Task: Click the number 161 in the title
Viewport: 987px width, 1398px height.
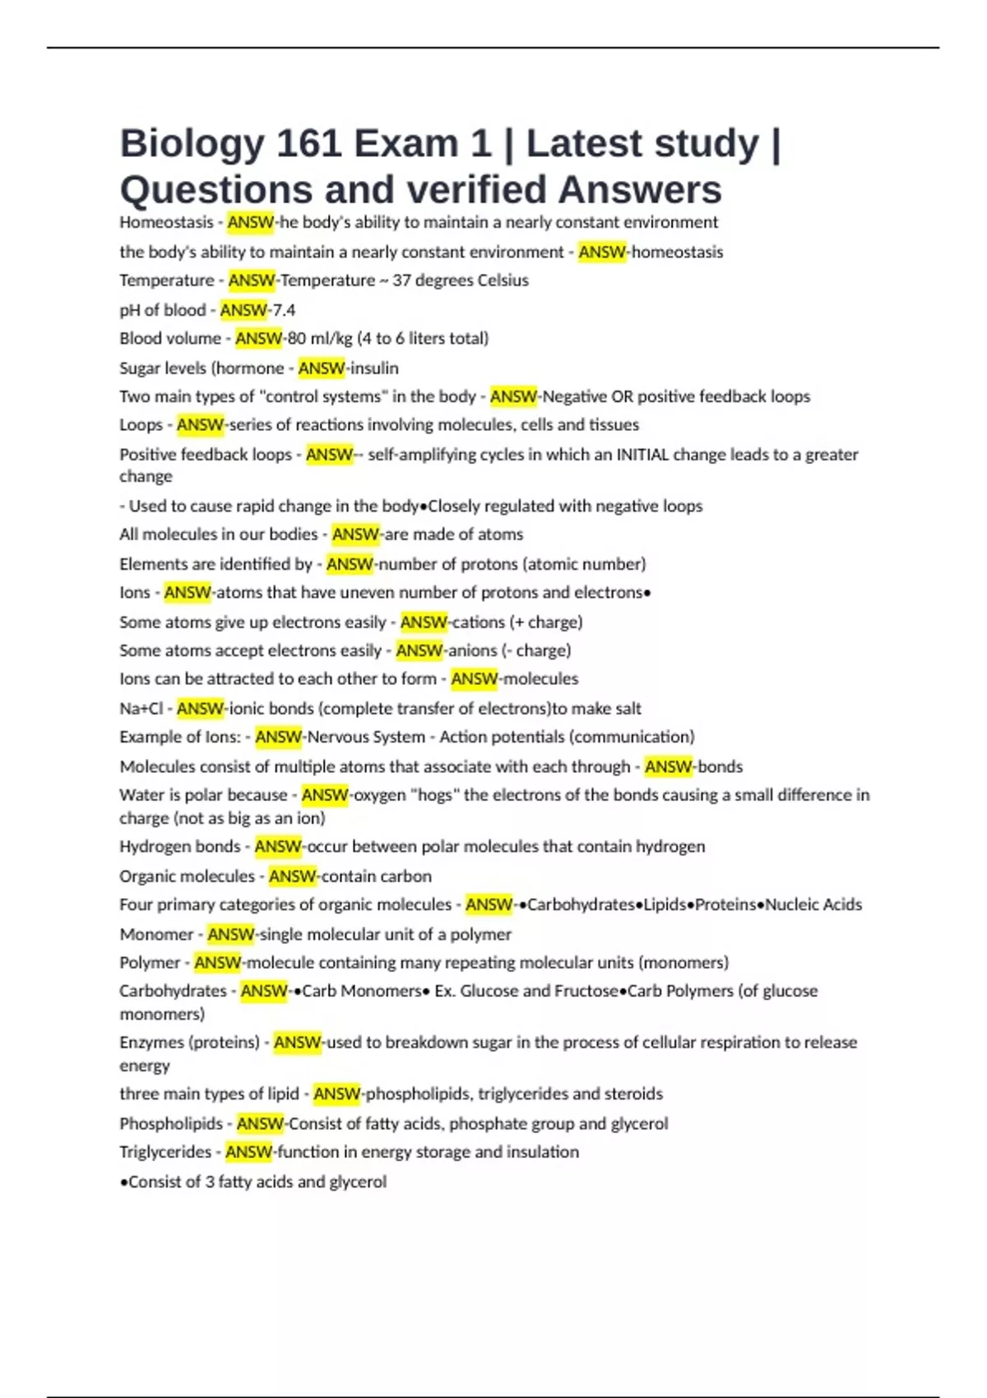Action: (308, 144)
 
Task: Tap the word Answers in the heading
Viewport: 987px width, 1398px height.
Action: (640, 190)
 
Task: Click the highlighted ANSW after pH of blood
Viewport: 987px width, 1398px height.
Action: (243, 310)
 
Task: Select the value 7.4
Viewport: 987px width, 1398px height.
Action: (285, 310)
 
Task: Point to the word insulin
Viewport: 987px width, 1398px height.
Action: (375, 368)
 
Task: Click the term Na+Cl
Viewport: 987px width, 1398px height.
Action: (141, 709)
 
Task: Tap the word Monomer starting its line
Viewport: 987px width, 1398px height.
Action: (156, 935)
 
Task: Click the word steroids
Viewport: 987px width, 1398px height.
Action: (633, 1095)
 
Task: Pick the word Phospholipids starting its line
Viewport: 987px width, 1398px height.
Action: (171, 1124)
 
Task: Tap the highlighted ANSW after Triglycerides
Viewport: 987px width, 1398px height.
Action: (248, 1152)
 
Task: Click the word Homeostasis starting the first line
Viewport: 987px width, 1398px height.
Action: (166, 223)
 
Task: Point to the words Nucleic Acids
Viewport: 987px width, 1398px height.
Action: (813, 905)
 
